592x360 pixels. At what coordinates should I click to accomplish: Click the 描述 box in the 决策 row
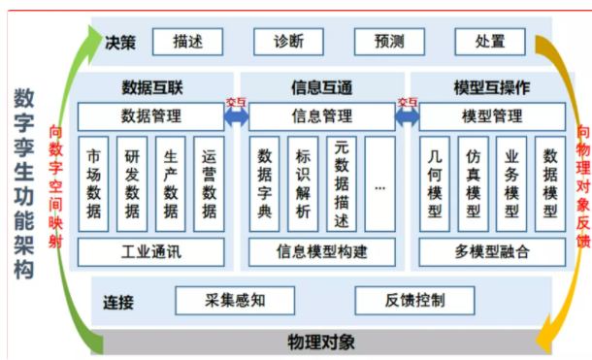point(187,42)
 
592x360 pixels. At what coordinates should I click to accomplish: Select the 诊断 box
point(289,42)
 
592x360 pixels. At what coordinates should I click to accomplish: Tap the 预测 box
point(389,42)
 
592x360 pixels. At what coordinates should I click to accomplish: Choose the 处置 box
point(490,42)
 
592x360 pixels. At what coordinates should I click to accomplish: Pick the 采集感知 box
point(235,299)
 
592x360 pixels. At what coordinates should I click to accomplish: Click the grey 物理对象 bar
point(321,342)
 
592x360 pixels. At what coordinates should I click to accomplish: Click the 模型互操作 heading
point(492,87)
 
